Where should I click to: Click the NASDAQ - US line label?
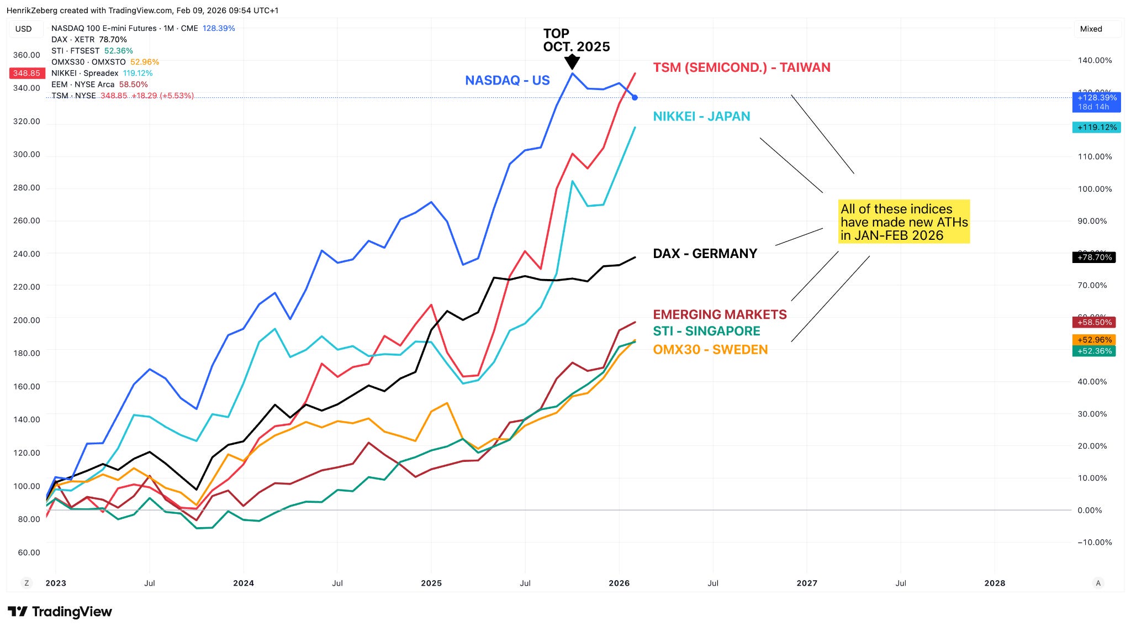click(x=507, y=81)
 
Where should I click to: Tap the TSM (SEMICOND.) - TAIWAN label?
click(x=741, y=67)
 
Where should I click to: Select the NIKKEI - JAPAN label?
click(x=701, y=117)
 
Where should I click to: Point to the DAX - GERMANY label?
click(x=705, y=254)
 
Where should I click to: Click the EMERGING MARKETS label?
click(x=720, y=314)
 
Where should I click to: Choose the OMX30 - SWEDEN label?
click(x=710, y=350)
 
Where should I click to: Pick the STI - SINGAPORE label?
click(x=706, y=331)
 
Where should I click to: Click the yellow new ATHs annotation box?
click(x=903, y=222)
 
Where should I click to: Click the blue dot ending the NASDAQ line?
click(x=635, y=98)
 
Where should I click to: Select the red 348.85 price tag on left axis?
click(x=27, y=73)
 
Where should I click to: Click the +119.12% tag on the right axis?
click(x=1096, y=128)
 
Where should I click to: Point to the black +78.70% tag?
click(x=1094, y=257)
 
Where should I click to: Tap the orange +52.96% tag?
click(x=1094, y=340)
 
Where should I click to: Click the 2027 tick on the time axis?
click(x=807, y=583)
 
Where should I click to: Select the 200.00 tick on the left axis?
click(x=27, y=320)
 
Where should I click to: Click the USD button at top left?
click(x=24, y=29)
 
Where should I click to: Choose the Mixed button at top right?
click(x=1091, y=29)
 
